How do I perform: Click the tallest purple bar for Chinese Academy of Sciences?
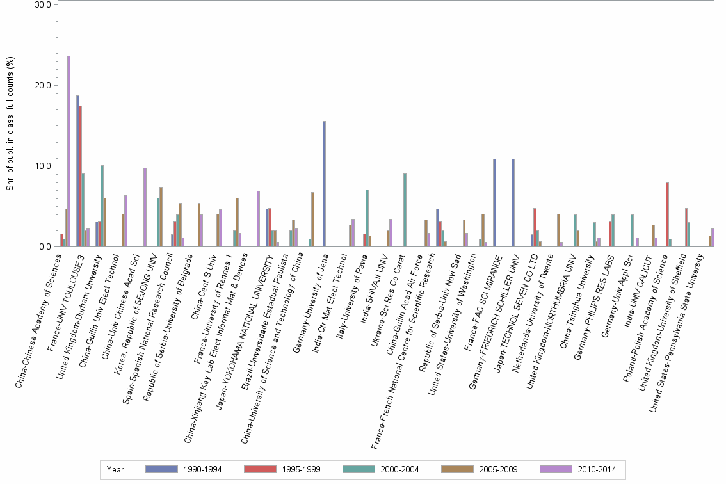tap(69, 151)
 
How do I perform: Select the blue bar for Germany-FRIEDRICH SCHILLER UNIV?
tap(513, 202)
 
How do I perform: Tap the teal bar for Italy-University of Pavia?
tap(367, 218)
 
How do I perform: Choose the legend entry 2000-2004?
tap(399, 470)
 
